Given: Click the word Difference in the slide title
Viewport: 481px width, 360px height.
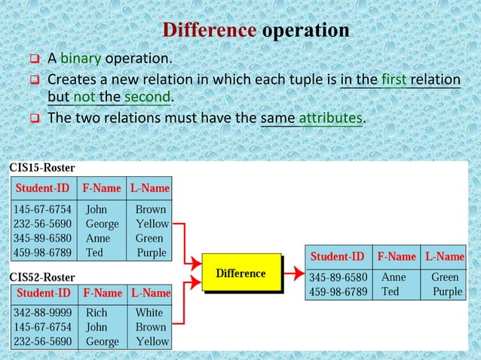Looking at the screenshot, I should coord(210,31).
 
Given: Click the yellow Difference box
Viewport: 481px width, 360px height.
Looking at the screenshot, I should coord(240,273).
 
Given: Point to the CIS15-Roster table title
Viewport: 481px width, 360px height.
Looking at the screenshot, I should coord(41,167).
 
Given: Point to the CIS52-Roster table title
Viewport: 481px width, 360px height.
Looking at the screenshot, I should coord(41,277).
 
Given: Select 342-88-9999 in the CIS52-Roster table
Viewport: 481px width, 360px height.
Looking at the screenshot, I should coord(42,313).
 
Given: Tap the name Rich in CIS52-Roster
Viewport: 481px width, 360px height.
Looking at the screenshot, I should coord(97,313).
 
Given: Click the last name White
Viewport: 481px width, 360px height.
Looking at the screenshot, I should coord(149,313).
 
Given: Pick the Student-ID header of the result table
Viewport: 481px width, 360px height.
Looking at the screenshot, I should coord(338,257).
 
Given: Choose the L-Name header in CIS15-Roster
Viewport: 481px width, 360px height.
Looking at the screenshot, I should coord(149,188).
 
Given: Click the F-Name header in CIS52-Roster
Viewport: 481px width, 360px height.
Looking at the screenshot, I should coord(103,292).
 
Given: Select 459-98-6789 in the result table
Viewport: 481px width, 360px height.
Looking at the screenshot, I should coord(338,291).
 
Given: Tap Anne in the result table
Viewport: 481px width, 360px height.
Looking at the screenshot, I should coord(394,277).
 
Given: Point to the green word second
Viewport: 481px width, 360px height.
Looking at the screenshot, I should coord(148,98).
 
